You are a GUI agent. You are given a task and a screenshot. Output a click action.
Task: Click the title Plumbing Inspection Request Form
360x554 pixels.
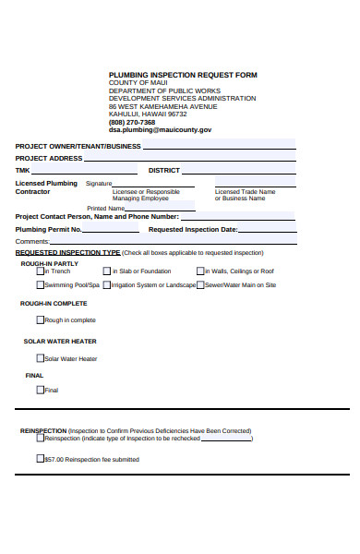[183, 75]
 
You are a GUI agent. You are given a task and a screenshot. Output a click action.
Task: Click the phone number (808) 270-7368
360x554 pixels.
[132, 122]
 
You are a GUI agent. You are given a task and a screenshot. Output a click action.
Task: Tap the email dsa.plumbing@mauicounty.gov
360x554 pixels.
[160, 130]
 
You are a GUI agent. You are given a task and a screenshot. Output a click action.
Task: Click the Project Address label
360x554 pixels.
[49, 158]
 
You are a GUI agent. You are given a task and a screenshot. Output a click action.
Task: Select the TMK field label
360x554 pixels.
[23, 170]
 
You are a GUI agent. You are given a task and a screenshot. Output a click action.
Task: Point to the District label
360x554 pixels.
[163, 170]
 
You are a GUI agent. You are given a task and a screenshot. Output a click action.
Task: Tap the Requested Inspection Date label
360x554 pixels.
[193, 229]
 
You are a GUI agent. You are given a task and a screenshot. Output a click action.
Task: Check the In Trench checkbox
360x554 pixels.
[41, 271]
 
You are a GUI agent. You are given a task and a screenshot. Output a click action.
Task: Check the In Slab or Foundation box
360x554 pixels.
[109, 271]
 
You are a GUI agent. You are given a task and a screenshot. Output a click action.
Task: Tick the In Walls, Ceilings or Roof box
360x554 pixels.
[200, 271]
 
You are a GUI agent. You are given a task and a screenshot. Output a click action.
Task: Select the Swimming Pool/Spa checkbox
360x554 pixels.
[41, 285]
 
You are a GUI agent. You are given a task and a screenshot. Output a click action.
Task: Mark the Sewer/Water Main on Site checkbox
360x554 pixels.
[200, 285]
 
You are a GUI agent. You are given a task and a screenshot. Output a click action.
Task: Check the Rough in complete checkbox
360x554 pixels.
[41, 320]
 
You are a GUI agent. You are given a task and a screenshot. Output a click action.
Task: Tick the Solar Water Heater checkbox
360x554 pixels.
[41, 358]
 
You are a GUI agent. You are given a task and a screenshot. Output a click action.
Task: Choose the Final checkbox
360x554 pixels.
[41, 390]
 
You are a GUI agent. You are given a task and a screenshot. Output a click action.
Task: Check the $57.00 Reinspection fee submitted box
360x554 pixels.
[41, 459]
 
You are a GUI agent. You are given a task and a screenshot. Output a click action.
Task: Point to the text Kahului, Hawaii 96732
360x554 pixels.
[148, 114]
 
